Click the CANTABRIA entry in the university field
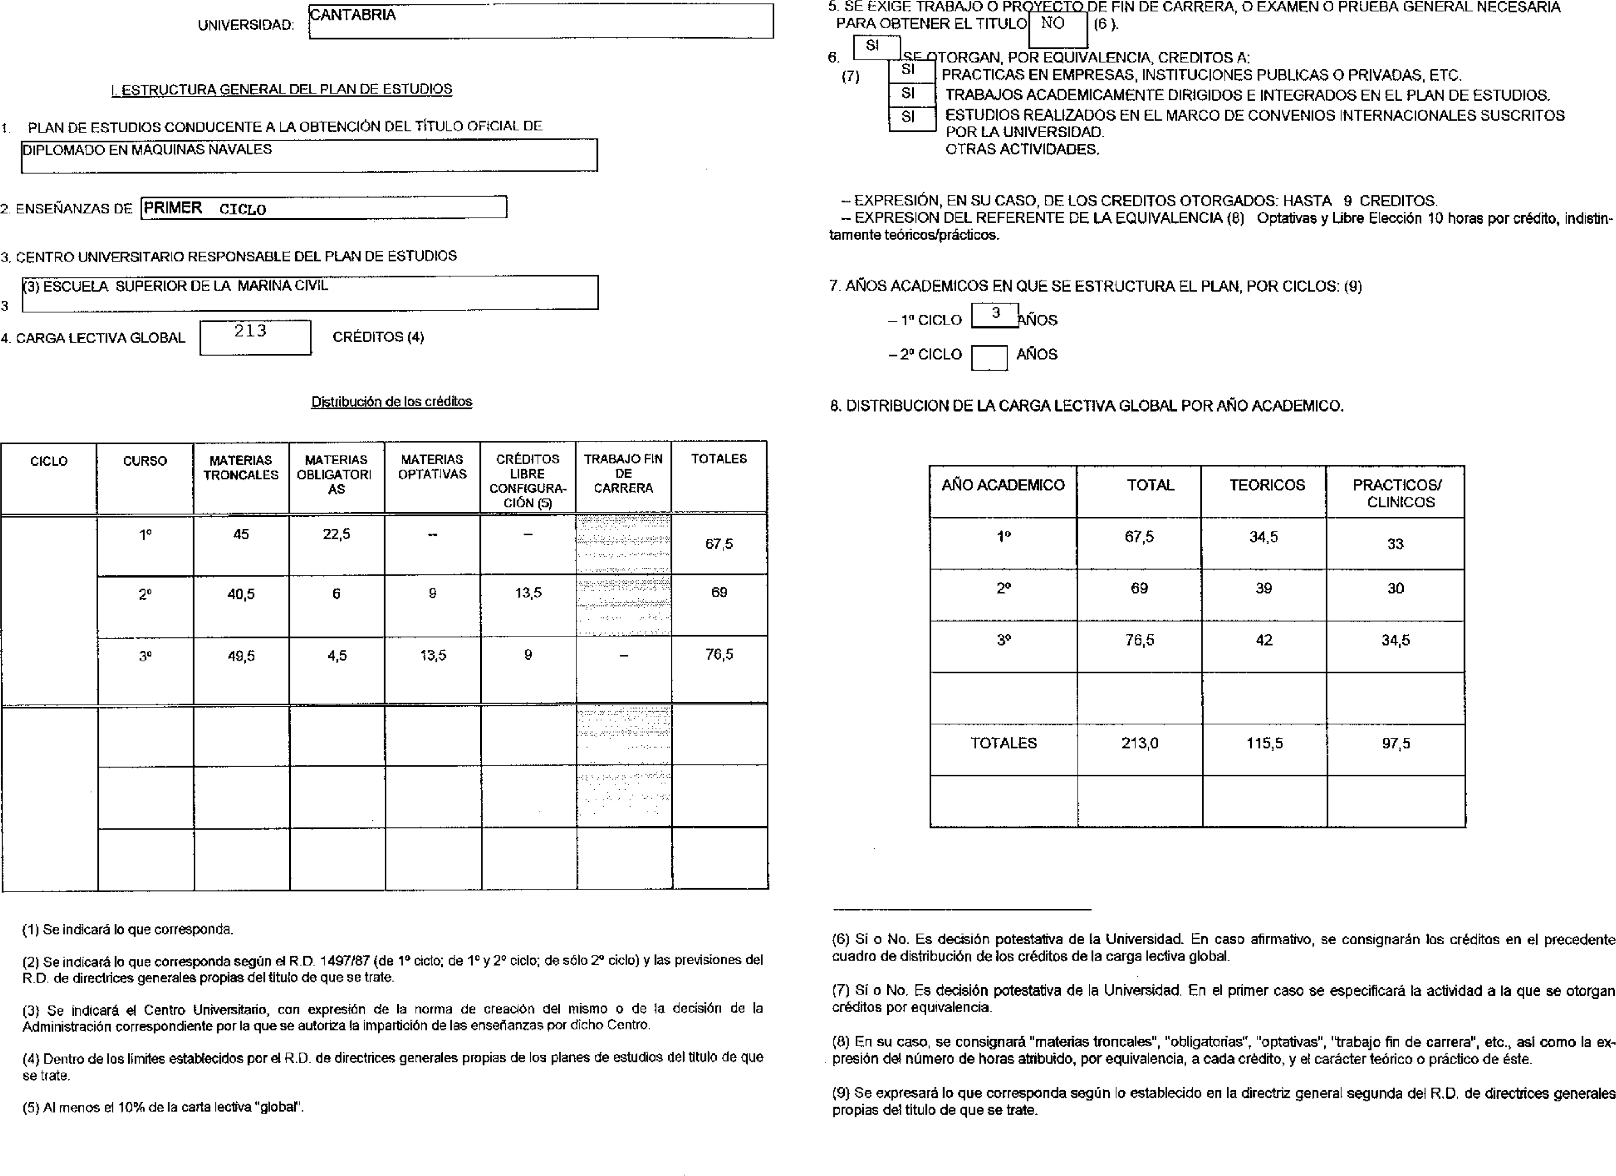(x=353, y=15)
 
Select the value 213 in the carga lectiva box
(x=250, y=331)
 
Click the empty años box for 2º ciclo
(x=989, y=357)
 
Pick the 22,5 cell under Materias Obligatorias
(x=336, y=534)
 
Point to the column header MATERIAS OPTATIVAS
(x=432, y=467)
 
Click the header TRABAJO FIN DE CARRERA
(x=623, y=473)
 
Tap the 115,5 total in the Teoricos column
(x=1264, y=743)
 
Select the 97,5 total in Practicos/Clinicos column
(x=1395, y=743)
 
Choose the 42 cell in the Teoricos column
(x=1264, y=640)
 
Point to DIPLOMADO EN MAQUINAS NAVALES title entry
(x=148, y=150)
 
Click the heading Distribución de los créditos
(x=391, y=402)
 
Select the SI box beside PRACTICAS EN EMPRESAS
(x=908, y=71)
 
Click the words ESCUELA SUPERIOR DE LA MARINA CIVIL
(x=185, y=286)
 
